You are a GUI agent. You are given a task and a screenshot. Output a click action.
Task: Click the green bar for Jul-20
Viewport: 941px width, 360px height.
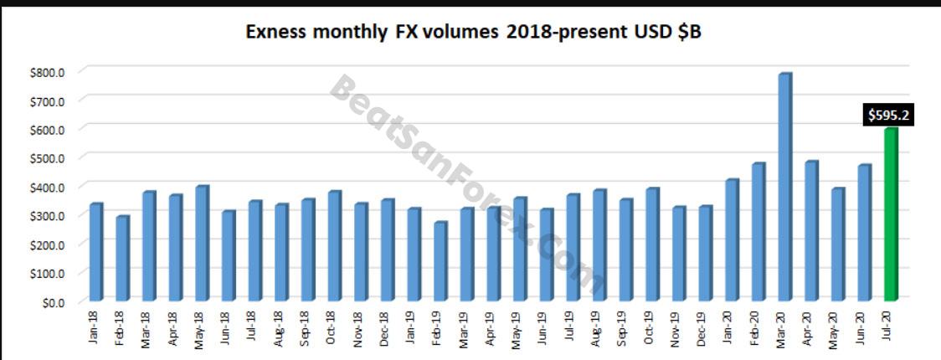tap(891, 215)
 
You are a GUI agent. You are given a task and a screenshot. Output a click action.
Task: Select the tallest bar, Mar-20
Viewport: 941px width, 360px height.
tap(784, 188)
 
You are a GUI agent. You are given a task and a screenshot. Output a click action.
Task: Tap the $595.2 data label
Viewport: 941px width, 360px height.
tap(889, 116)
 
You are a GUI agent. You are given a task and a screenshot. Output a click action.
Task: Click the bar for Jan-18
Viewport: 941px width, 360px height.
tap(95, 252)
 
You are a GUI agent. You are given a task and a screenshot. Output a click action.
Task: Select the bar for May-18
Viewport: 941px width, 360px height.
tap(202, 244)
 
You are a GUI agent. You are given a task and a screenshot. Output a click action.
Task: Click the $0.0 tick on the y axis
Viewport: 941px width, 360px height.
tap(52, 301)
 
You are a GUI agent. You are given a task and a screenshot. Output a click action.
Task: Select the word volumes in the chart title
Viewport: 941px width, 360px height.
tap(453, 33)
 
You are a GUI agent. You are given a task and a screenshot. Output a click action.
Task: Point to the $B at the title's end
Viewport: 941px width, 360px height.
tap(689, 33)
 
